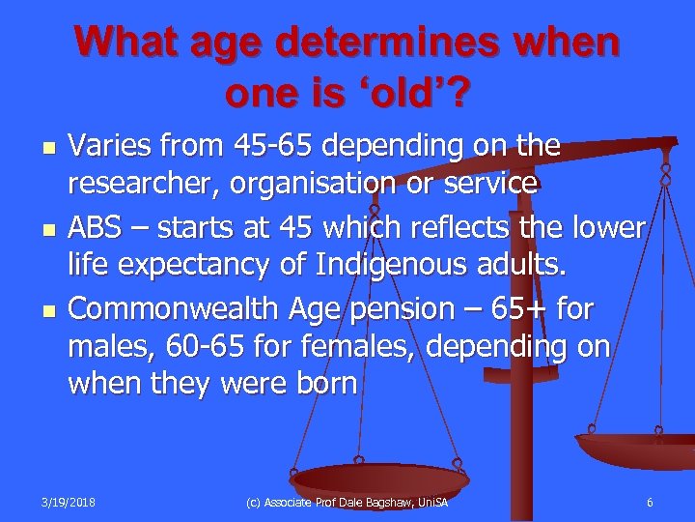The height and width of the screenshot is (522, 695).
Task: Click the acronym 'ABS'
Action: (98, 228)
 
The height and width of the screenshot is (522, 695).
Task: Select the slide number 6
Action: (650, 501)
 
